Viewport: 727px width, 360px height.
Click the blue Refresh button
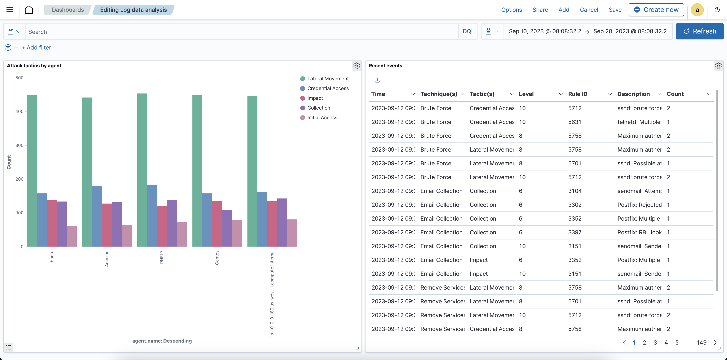click(x=699, y=31)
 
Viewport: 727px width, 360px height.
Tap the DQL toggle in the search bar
click(x=468, y=31)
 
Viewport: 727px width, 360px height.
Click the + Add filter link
click(x=36, y=47)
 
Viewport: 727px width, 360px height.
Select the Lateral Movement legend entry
click(x=328, y=79)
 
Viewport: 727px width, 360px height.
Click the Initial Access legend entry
click(x=322, y=118)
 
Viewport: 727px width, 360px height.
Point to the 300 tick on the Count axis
click(x=19, y=146)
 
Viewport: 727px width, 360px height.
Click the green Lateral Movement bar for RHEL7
click(x=142, y=169)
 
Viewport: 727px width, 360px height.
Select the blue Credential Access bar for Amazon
click(x=97, y=216)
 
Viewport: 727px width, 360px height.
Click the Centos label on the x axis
click(x=217, y=258)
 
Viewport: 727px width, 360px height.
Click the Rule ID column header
click(x=578, y=94)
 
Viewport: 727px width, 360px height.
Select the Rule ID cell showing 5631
click(x=575, y=122)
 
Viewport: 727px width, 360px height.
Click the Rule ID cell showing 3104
click(x=575, y=191)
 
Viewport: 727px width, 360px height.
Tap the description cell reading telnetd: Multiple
click(x=639, y=122)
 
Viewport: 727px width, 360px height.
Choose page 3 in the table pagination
click(x=655, y=343)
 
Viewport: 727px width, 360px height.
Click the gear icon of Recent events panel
click(x=718, y=66)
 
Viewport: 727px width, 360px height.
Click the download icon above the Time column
click(x=377, y=80)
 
